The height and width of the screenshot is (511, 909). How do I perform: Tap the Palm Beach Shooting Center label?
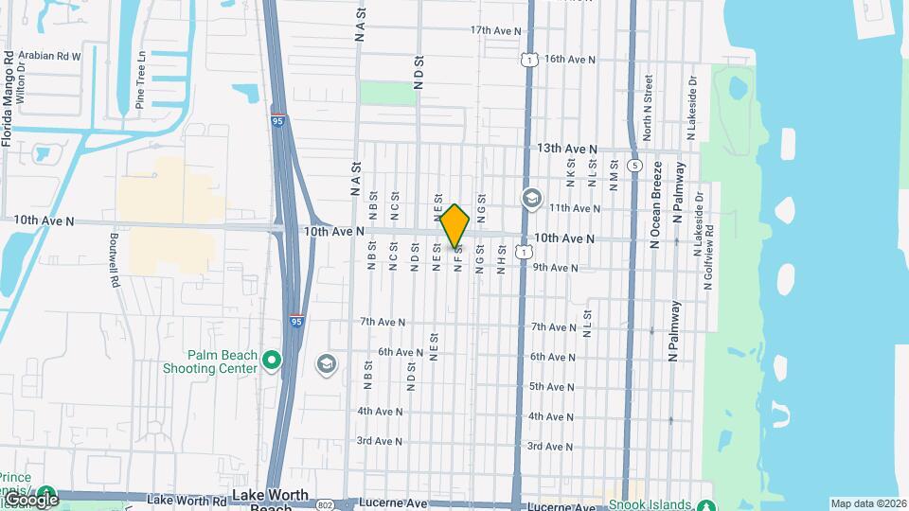(x=223, y=361)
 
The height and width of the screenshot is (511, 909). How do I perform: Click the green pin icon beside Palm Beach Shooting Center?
(x=273, y=361)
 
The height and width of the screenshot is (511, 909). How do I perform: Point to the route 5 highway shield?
(x=633, y=165)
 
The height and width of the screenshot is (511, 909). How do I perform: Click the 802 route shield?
(x=325, y=503)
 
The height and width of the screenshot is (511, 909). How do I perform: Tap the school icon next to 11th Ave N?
(x=531, y=199)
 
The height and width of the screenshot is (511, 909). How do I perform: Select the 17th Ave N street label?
(x=496, y=30)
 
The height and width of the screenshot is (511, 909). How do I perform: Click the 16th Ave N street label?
(x=569, y=59)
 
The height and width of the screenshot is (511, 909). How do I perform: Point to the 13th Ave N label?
(x=567, y=149)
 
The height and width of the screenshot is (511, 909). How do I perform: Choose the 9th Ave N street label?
(x=555, y=268)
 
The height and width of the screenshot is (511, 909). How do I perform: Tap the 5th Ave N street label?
(x=551, y=386)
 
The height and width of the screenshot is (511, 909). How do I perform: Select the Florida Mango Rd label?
(x=8, y=99)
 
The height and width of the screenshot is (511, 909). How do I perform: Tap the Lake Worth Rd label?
(x=192, y=501)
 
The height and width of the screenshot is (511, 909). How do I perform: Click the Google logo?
(x=30, y=499)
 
